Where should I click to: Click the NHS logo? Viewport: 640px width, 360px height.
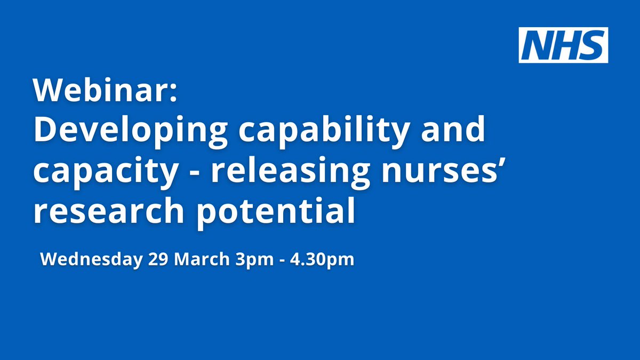coord(563,45)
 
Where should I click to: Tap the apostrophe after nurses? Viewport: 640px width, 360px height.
coord(501,161)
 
